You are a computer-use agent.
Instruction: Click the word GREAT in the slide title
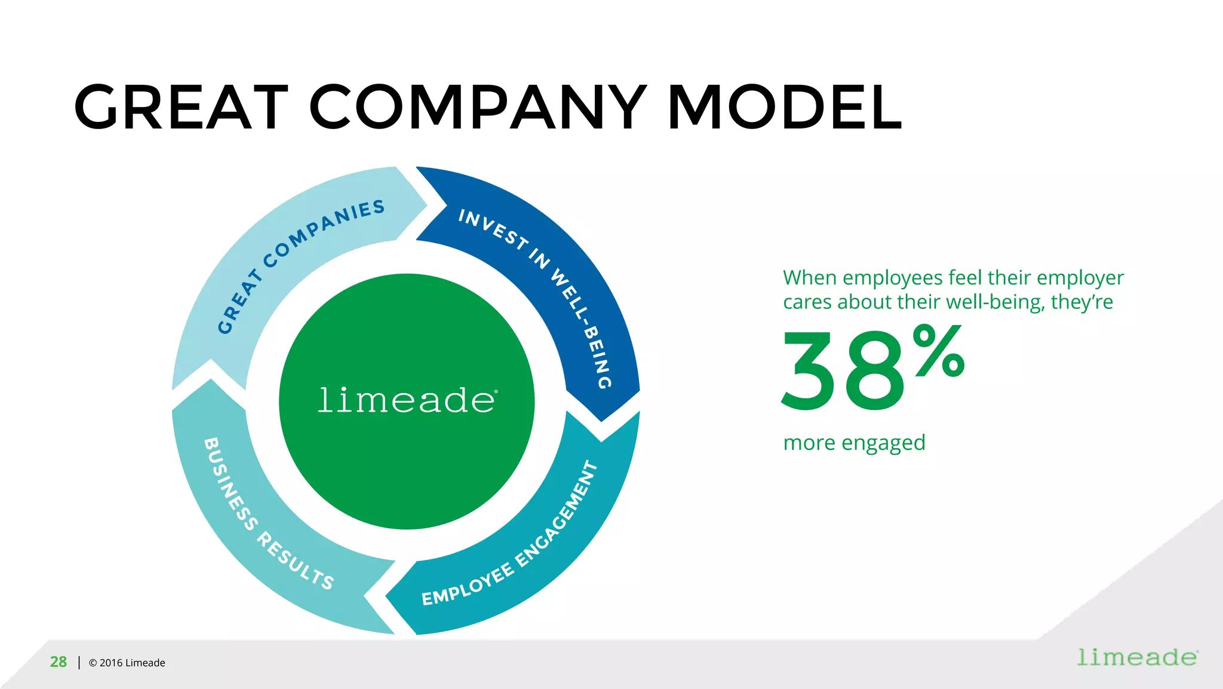[x=181, y=108]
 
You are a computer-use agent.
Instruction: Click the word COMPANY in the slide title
[x=478, y=108]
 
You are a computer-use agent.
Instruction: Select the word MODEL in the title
[x=785, y=108]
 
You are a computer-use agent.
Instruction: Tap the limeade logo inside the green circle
[x=407, y=400]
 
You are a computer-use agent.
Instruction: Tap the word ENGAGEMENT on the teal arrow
[x=558, y=513]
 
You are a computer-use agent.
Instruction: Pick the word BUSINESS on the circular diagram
[x=231, y=484]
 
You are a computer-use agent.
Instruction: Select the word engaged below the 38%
[x=883, y=443]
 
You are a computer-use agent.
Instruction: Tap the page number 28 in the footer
[x=59, y=662]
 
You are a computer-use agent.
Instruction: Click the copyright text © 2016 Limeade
[x=127, y=663]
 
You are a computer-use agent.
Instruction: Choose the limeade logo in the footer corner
[x=1137, y=657]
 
